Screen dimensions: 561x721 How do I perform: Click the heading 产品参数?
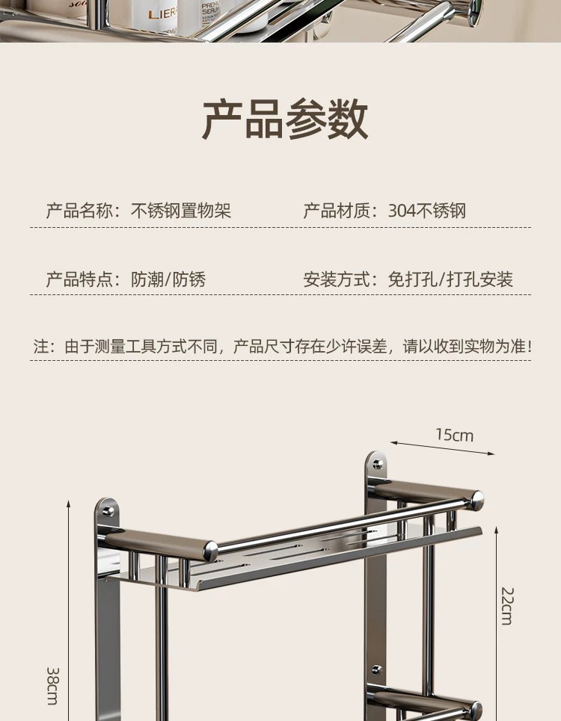pos(285,119)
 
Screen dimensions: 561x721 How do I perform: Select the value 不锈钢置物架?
pos(181,211)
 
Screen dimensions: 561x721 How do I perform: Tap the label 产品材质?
pos(334,211)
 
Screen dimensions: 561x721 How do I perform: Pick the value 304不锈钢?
pos(427,211)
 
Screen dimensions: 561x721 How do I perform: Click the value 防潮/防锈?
pos(168,279)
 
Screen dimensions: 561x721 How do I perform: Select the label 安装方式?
pos(334,279)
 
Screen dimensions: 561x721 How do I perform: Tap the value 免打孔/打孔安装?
pos(450,279)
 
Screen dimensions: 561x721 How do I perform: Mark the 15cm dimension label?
pos(455,435)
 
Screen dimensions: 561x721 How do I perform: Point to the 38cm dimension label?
pos(52,685)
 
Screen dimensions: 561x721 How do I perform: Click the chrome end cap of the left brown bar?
pos(212,551)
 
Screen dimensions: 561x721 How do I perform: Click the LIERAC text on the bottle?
pos(162,13)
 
